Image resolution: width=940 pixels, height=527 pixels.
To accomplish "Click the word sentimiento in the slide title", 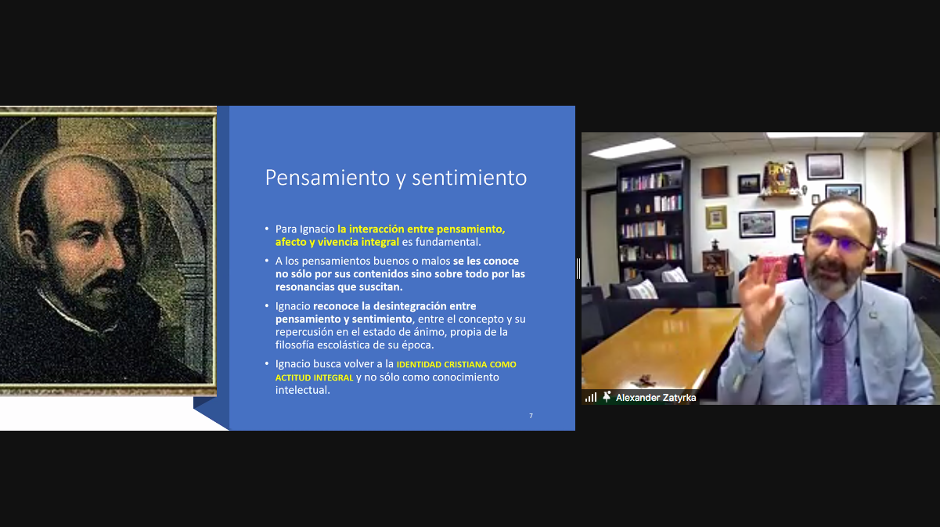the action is click(x=469, y=178).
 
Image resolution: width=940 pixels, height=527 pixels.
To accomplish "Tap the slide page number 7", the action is click(x=531, y=416).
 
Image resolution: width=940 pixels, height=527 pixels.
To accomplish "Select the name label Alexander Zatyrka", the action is click(x=656, y=397).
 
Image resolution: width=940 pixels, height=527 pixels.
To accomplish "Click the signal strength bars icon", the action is click(x=591, y=397).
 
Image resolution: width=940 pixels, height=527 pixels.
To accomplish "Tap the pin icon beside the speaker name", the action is click(x=607, y=396).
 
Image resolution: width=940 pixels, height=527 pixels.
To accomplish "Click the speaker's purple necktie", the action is click(x=834, y=352).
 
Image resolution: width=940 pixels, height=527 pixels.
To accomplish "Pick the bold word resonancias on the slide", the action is click(x=307, y=287).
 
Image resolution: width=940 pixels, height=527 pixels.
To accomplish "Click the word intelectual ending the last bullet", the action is click(x=303, y=390).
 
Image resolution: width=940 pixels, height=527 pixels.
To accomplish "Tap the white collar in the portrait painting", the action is click(x=67, y=311).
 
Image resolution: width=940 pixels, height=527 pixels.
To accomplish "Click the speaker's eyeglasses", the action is click(x=838, y=240).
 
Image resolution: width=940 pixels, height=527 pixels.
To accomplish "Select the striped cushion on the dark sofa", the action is click(x=642, y=290).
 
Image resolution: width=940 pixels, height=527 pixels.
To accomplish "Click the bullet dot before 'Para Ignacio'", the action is click(x=267, y=229).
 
